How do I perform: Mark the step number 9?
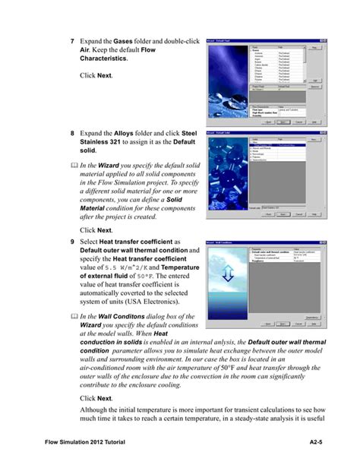pyautogui.click(x=72, y=242)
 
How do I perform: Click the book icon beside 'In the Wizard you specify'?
pyautogui.click(x=72, y=169)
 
